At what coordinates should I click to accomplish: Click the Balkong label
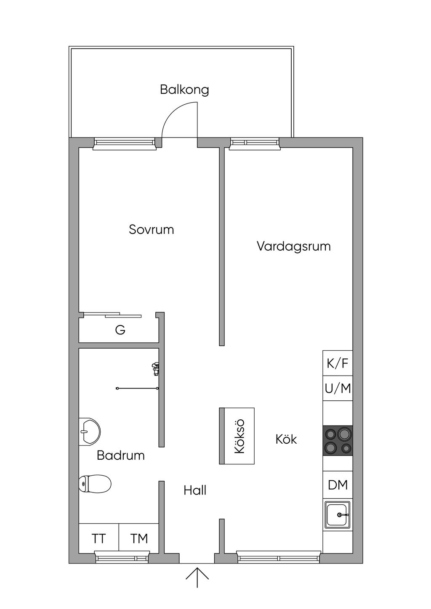(x=184, y=90)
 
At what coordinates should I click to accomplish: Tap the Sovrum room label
(x=151, y=230)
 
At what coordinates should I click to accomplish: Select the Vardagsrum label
(x=294, y=246)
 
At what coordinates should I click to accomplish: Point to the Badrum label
(x=120, y=455)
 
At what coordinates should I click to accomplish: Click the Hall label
(x=195, y=490)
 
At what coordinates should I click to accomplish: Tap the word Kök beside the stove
(x=286, y=440)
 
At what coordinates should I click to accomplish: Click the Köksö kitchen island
(x=237, y=436)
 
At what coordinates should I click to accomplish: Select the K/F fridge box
(x=338, y=363)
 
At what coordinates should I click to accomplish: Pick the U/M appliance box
(x=338, y=388)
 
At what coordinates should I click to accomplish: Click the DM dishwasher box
(x=338, y=485)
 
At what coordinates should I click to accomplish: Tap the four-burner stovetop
(x=338, y=440)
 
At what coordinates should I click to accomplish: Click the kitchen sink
(x=338, y=515)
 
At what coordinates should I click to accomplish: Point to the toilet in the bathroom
(x=95, y=484)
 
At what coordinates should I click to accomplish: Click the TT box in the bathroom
(x=99, y=538)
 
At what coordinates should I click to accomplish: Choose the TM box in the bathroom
(x=139, y=538)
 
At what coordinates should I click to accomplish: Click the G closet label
(x=120, y=330)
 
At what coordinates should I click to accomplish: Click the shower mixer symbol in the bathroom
(x=156, y=369)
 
